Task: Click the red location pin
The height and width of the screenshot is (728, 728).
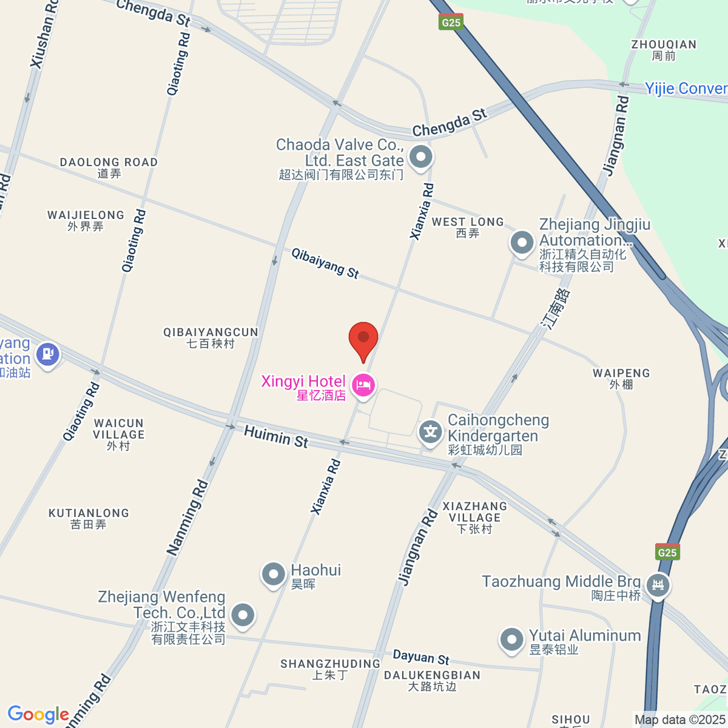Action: (363, 339)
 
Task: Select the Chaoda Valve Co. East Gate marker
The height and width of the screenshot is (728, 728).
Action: (420, 157)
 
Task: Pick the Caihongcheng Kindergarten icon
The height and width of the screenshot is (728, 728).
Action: (430, 433)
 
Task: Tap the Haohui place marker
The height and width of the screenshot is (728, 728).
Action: (273, 573)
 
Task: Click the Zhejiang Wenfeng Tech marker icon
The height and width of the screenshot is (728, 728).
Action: (243, 615)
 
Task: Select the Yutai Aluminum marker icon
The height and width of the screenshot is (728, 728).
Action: (511, 639)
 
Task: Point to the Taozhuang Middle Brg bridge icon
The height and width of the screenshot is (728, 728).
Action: (658, 585)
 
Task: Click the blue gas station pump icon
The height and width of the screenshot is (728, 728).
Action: (48, 354)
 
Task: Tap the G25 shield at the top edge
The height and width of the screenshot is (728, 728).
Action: (451, 22)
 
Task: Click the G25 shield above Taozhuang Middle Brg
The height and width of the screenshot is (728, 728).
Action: (667, 552)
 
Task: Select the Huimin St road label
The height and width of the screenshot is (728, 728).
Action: (276, 436)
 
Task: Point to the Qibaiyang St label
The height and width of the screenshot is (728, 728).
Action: (325, 263)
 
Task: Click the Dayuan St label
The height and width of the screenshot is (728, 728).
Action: (421, 657)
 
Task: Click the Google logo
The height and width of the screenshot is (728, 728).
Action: (38, 715)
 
